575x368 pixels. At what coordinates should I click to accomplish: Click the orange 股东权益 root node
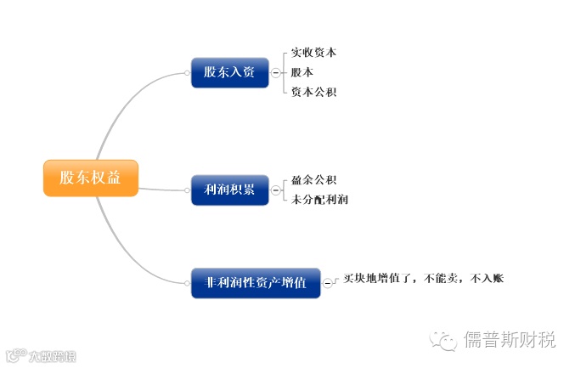[x=90, y=178]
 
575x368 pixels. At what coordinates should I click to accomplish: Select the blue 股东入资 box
[x=229, y=72]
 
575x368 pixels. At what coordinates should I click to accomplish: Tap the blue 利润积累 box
[x=229, y=190]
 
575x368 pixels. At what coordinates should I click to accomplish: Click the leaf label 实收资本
[x=313, y=53]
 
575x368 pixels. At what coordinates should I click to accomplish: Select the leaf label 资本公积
[x=313, y=92]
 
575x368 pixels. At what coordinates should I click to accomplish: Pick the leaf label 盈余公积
[x=313, y=180]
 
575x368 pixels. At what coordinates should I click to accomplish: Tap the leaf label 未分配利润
[x=319, y=200]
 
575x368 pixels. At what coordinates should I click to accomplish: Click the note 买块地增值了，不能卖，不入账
[x=423, y=278]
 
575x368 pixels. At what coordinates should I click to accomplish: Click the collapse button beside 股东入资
[x=275, y=73]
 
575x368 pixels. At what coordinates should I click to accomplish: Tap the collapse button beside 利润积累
[x=275, y=190]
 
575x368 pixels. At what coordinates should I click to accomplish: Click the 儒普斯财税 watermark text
[x=509, y=341]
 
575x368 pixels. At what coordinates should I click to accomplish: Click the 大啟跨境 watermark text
[x=52, y=356]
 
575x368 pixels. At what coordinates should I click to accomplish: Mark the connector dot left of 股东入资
[x=187, y=73]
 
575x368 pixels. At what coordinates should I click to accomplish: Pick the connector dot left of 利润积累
[x=187, y=190]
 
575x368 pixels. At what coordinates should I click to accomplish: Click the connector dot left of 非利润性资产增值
[x=187, y=283]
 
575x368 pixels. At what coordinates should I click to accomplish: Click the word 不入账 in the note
[x=488, y=278]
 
